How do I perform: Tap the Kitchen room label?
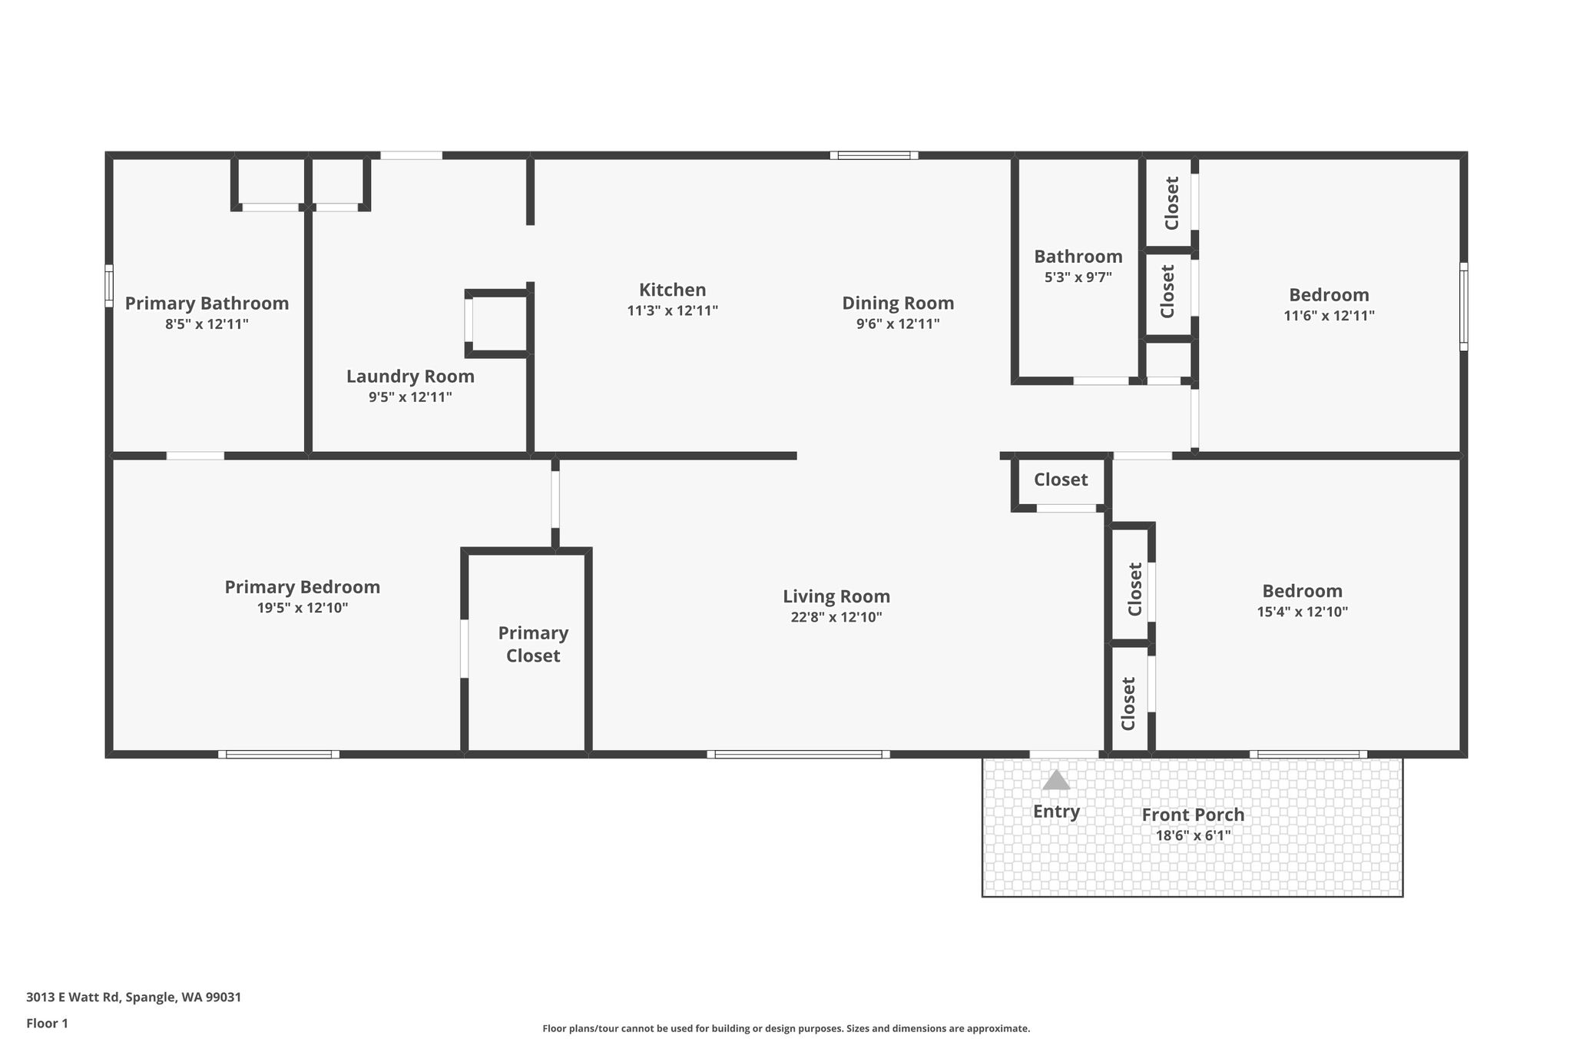(672, 290)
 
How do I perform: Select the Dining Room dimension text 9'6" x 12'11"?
(898, 324)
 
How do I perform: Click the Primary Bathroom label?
(207, 304)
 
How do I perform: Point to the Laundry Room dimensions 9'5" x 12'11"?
(410, 397)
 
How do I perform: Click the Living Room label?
(836, 596)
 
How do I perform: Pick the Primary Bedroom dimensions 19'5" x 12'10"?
(303, 608)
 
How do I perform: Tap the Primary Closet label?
(533, 644)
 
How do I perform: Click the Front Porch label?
(1193, 815)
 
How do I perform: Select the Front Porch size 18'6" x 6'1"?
(1193, 835)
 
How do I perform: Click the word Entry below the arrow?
(1056, 812)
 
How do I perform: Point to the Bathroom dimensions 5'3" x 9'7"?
(1078, 277)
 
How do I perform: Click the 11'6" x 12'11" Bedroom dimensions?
(1329, 316)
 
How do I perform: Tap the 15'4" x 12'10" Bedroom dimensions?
(1302, 612)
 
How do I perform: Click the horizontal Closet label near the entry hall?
(1061, 480)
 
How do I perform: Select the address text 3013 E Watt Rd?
(73, 998)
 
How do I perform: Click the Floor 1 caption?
(47, 1024)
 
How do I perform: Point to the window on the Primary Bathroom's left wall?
(109, 286)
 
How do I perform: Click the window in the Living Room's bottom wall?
(799, 754)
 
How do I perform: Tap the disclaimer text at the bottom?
(786, 1028)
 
